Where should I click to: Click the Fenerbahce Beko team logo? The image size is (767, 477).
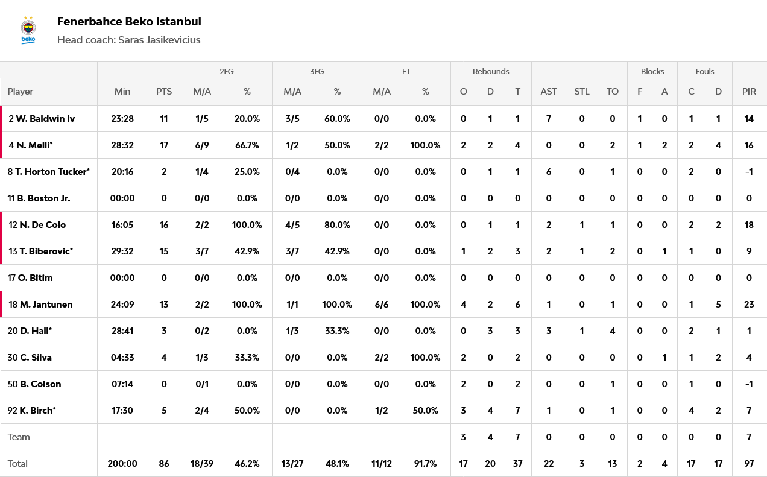(28, 31)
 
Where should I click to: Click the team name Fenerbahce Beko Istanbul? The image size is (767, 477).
(129, 22)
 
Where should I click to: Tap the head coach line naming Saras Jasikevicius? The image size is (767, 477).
(128, 40)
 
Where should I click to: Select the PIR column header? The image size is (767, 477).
(749, 92)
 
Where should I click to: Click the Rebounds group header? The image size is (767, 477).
(491, 71)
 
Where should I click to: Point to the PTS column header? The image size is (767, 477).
(164, 92)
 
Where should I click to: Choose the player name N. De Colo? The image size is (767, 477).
(42, 225)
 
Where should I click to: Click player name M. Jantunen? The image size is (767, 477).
(46, 305)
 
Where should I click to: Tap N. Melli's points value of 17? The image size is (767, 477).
(164, 145)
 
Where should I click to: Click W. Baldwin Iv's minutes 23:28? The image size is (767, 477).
(122, 119)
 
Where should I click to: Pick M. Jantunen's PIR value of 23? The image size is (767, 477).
(749, 305)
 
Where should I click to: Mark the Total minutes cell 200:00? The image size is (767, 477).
(122, 464)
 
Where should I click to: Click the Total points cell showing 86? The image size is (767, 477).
(164, 464)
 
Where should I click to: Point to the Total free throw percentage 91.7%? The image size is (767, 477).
(426, 464)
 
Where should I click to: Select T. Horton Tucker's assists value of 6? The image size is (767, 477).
(549, 172)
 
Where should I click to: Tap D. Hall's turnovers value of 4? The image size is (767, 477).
(613, 331)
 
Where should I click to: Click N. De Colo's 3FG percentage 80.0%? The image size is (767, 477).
(337, 225)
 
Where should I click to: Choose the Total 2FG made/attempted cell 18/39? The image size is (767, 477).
(201, 464)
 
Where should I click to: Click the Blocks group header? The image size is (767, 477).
(652, 71)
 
